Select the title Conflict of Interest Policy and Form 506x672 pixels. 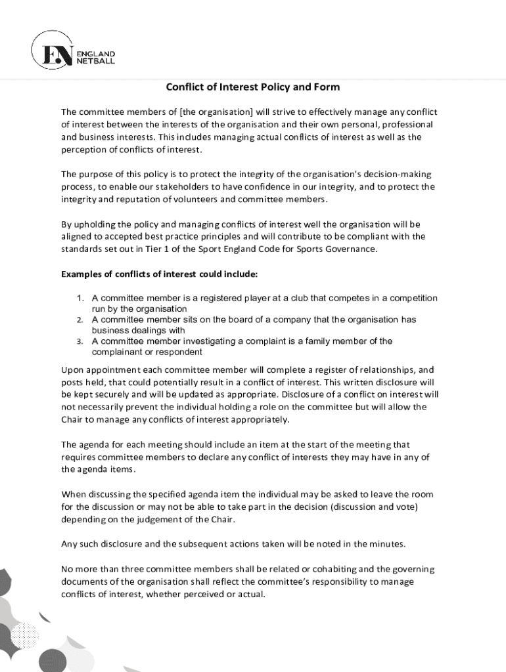pos(252,87)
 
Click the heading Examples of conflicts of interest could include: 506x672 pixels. pos(160,273)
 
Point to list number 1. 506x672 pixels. pos(80,298)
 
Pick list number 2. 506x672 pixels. pos(79,320)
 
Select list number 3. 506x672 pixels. pos(79,341)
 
